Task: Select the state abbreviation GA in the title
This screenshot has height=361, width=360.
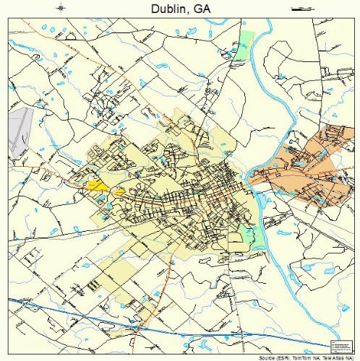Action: point(205,8)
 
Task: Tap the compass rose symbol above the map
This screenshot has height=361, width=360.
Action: point(61,8)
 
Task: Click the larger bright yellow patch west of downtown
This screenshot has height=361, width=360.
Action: point(96,186)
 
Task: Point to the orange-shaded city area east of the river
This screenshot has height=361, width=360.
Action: point(304,170)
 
